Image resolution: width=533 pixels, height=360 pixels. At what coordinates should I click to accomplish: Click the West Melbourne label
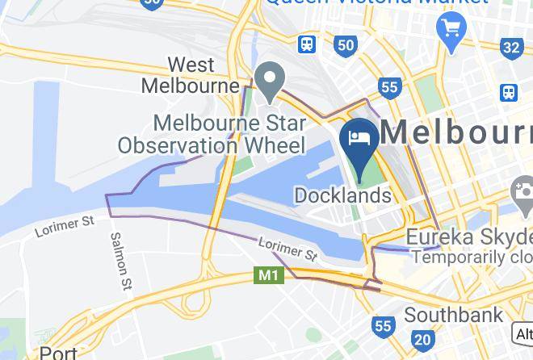191,74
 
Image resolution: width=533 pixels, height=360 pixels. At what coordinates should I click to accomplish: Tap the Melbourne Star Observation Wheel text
212,135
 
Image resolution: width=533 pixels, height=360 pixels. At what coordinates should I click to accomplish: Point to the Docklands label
342,195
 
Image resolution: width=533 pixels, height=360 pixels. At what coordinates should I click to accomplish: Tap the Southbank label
453,314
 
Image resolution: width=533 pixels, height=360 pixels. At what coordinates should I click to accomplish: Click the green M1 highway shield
269,275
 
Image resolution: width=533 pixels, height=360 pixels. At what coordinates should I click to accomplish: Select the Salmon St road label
122,261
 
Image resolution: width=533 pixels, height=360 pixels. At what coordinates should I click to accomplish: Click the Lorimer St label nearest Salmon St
65,225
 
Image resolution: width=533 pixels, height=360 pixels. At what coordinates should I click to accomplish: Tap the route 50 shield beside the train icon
346,44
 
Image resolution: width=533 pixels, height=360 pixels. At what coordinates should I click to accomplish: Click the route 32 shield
510,48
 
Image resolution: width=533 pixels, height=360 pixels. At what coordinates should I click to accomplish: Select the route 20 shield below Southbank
422,339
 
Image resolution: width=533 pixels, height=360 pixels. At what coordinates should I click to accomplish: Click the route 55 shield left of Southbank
383,326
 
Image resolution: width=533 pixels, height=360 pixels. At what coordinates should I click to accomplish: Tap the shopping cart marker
449,31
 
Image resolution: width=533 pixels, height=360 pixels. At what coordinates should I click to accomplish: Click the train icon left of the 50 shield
307,44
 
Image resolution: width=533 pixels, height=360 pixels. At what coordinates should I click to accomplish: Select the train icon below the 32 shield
508,92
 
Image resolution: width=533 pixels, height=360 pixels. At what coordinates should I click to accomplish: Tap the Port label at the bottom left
58,353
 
